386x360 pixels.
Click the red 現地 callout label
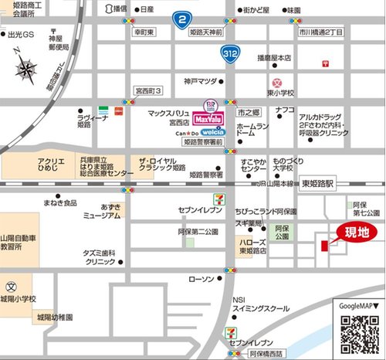click(356, 232)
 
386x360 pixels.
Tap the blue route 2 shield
click(181, 18)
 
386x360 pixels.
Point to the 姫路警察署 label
click(206, 175)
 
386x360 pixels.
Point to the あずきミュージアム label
click(100, 212)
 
